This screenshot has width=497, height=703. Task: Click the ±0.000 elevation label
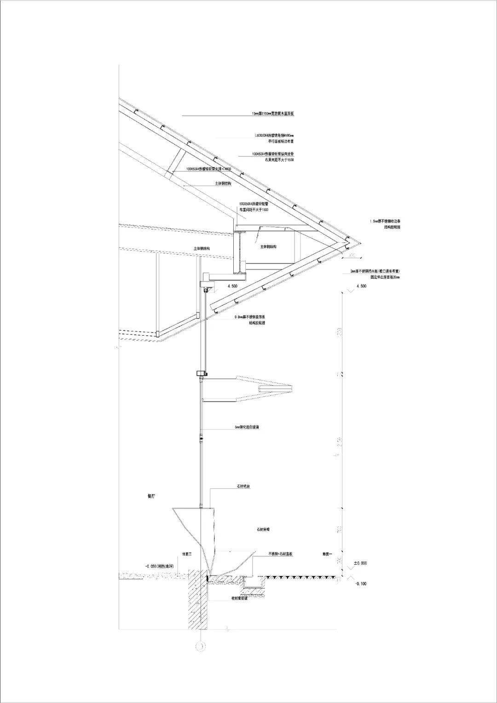[x=360, y=563]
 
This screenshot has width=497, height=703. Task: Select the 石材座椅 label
[x=263, y=530]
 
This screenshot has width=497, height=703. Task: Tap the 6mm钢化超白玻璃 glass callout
[x=247, y=427]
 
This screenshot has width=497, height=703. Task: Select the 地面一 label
[x=326, y=554]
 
